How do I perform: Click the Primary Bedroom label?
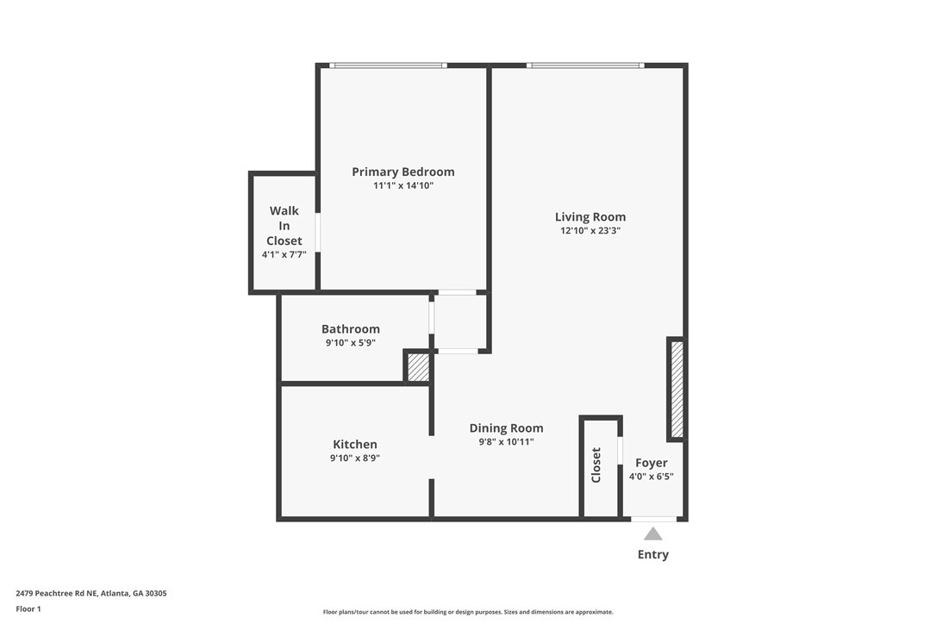point(403,172)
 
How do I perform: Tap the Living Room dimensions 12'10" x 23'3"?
point(590,231)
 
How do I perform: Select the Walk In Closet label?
point(284,226)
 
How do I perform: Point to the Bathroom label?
point(351,329)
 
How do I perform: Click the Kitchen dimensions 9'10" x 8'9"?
point(355,458)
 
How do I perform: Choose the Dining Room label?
point(506,428)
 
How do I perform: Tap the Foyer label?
point(652,463)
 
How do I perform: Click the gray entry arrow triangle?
point(653,534)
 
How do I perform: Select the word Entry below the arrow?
point(653,555)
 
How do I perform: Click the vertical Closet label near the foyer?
point(596,465)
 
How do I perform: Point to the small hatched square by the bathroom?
point(418,367)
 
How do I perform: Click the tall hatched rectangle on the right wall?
point(677,389)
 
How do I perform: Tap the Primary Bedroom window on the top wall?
point(388,66)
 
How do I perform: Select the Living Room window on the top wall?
point(585,66)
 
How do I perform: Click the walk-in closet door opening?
point(317,233)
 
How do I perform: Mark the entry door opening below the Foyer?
point(654,519)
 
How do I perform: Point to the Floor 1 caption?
point(28,609)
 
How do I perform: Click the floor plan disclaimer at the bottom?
point(468,612)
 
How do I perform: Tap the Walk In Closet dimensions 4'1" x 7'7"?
point(284,255)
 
